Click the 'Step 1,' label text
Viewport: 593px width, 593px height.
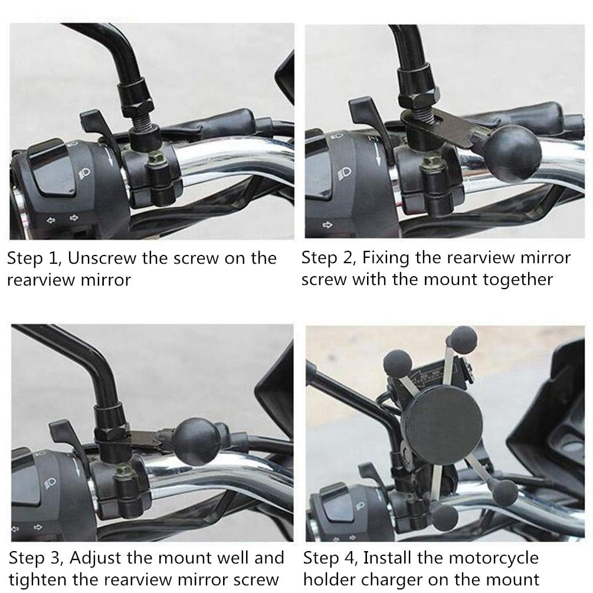[34, 258]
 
